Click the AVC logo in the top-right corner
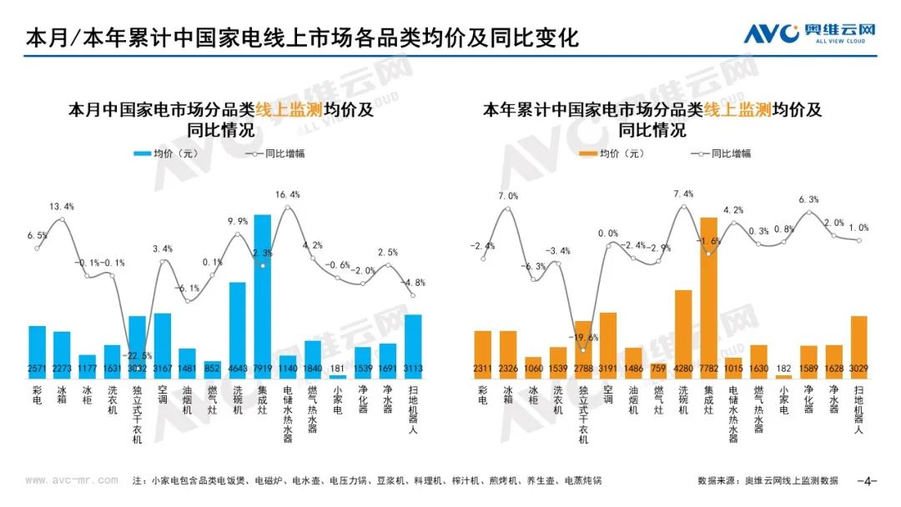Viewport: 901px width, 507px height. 809,33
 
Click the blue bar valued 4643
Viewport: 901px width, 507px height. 238,329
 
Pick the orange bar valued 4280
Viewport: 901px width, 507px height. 684,334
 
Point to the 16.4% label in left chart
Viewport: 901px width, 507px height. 287,194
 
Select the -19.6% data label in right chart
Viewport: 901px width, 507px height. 584,338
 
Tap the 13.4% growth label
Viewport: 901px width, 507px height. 62,207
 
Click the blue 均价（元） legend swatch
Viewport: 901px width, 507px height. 140,153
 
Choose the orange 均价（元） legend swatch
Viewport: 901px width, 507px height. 586,153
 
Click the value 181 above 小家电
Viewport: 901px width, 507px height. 338,368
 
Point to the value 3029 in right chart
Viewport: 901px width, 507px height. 858,368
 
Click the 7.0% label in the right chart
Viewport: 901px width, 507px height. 508,197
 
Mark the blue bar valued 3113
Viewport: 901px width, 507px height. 413,344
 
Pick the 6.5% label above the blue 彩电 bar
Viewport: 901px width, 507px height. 38,236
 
